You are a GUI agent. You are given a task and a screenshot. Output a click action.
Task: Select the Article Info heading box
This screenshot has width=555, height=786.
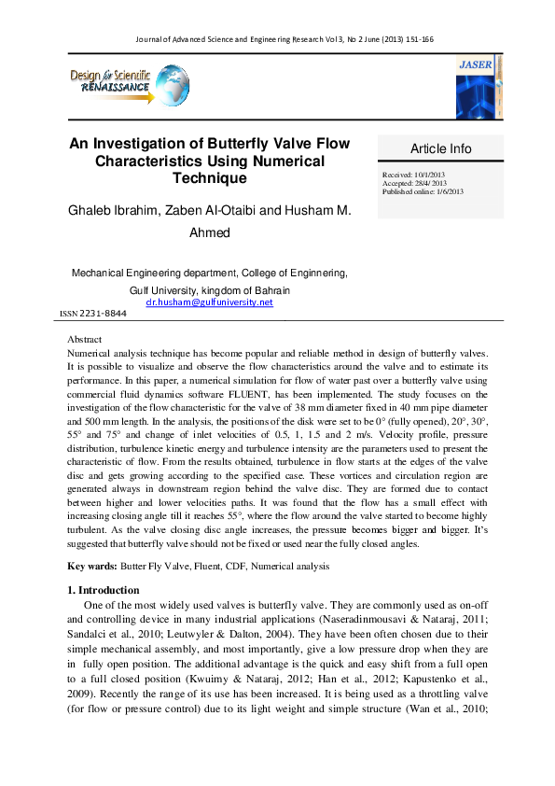tap(441, 148)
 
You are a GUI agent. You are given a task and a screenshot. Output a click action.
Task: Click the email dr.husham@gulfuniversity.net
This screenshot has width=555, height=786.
tap(210, 302)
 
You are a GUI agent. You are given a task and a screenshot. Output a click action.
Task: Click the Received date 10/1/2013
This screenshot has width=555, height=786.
tap(416, 175)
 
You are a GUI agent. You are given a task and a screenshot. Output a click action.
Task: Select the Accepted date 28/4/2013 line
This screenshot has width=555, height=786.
tap(416, 184)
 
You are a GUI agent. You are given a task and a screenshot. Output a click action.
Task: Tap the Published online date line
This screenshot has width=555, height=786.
tap(423, 192)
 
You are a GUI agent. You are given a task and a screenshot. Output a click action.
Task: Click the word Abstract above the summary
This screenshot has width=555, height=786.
tap(85, 340)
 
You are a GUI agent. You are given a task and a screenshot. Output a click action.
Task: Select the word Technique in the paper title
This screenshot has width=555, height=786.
tap(210, 178)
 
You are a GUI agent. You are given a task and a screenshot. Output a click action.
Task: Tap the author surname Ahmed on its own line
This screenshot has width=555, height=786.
tap(210, 232)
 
